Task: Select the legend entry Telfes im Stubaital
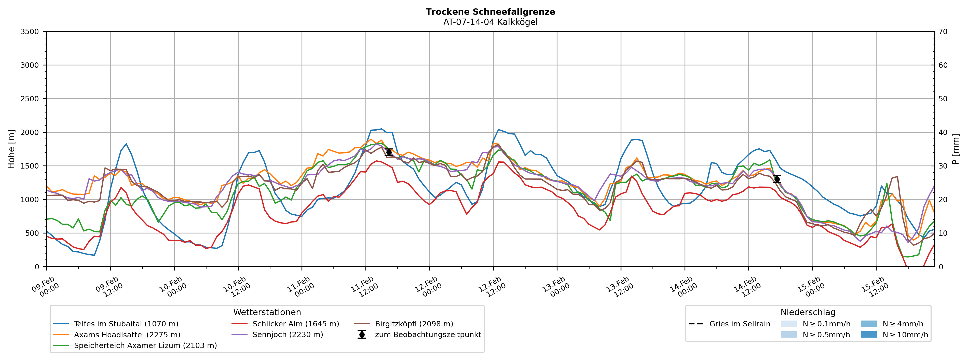pos(126,324)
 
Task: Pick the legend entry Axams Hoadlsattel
pos(127,335)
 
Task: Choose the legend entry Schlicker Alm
pos(295,324)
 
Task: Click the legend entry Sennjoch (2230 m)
pos(288,335)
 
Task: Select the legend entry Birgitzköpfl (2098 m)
pos(414,324)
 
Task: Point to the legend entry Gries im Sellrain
pos(740,324)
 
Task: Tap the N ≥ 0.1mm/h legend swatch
pos(789,324)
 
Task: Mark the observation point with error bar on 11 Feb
pos(389,152)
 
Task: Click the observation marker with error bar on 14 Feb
pos(777,179)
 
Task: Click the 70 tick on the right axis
pos(943,32)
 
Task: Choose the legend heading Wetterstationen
pos(267,312)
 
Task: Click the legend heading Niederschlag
pos(808,312)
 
